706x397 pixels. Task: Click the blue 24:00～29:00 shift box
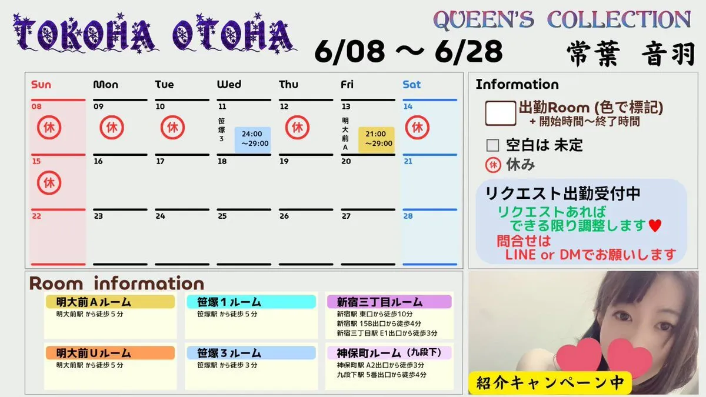click(252, 139)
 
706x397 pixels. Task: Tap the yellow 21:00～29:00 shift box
click(377, 139)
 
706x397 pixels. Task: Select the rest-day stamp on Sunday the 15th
click(49, 183)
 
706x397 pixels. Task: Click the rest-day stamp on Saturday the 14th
click(417, 128)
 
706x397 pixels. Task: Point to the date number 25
click(222, 216)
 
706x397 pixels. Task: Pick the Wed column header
click(229, 85)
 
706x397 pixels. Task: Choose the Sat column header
click(412, 85)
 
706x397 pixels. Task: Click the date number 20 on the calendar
click(346, 161)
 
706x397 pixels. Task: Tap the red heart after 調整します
click(655, 226)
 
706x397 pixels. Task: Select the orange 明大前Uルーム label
click(111, 353)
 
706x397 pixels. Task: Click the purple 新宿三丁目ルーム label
click(389, 302)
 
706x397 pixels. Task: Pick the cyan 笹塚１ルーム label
click(251, 302)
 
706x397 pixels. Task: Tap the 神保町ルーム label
click(389, 353)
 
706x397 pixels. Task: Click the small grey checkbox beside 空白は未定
click(492, 146)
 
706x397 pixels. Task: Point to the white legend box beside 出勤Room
click(501, 114)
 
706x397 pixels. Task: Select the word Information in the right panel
click(517, 85)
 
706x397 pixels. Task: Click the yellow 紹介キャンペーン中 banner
click(550, 383)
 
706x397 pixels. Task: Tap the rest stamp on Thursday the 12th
click(297, 128)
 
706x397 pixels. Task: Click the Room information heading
click(116, 283)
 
